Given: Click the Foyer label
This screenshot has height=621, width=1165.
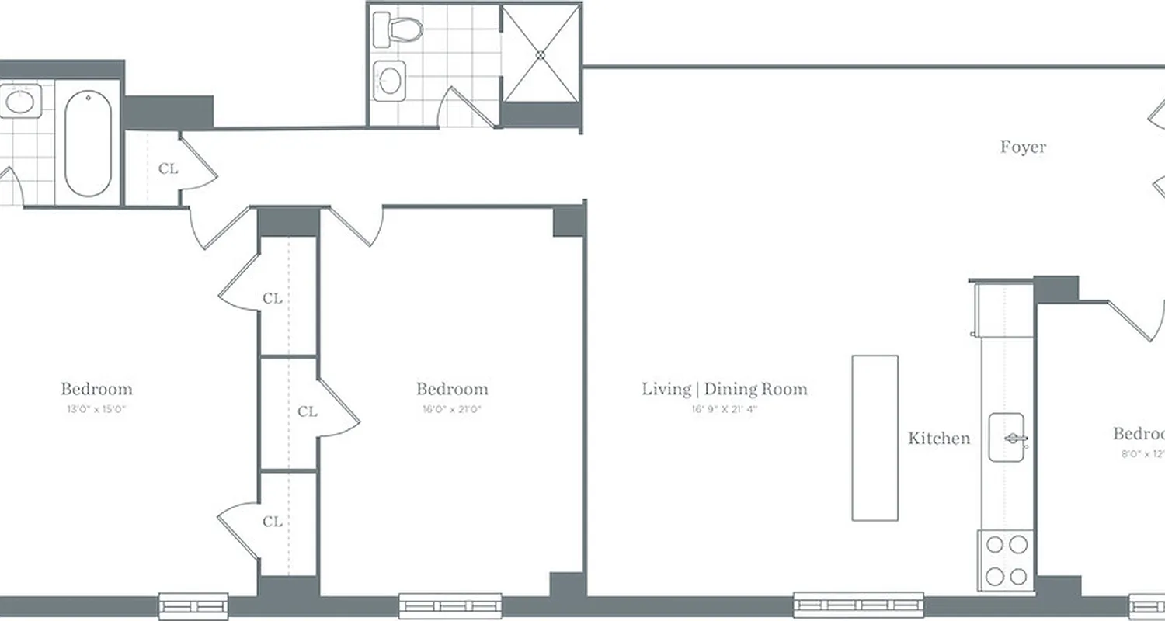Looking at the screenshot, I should [x=1023, y=147].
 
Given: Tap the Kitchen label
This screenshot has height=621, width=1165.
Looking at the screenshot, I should [x=939, y=439].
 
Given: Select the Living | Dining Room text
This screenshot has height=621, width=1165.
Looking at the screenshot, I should [x=724, y=389].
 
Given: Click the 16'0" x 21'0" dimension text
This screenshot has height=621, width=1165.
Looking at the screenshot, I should [x=452, y=409].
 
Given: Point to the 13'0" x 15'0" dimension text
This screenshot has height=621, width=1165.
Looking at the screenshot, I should [x=96, y=409].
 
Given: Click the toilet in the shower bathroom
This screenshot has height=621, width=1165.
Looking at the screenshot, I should [x=398, y=29].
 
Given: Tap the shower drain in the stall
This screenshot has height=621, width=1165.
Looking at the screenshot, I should [x=541, y=54].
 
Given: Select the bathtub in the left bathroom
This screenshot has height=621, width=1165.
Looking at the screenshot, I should [x=88, y=144].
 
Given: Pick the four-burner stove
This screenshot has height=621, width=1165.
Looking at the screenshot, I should [x=1007, y=560].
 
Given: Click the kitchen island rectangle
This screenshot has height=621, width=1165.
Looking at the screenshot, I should [x=875, y=438].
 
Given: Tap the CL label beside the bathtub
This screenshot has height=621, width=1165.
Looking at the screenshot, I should [x=168, y=168].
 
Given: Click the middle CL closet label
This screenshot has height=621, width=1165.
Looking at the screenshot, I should [x=308, y=411].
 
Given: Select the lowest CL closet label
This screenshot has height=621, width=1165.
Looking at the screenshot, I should [x=272, y=522].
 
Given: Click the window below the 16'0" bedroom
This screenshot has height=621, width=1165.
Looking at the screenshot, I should [x=450, y=605].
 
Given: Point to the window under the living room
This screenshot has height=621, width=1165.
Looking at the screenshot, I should [x=858, y=605].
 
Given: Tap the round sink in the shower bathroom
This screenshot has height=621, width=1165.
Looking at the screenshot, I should [x=391, y=78].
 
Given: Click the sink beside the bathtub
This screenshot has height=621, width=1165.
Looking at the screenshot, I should [x=20, y=102].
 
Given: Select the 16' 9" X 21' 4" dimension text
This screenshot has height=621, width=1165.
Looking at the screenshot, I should [x=724, y=409].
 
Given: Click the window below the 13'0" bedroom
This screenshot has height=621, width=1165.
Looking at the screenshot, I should [x=193, y=605].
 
